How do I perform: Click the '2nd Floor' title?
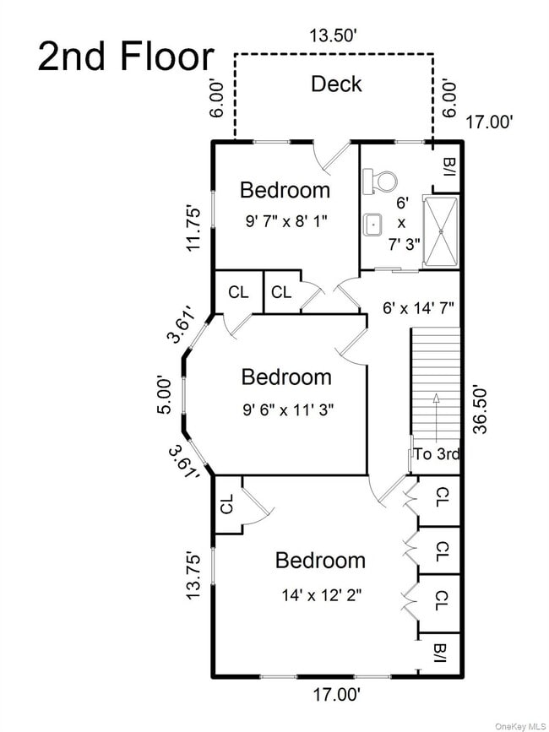(126, 57)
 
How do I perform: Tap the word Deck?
(336, 84)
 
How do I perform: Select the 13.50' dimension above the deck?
(334, 36)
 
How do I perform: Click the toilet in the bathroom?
(378, 182)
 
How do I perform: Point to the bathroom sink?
(373, 225)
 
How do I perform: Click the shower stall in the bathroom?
(440, 232)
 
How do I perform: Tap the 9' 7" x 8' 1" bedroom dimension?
(285, 221)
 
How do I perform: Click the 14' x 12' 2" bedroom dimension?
(322, 595)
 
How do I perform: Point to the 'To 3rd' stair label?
(437, 453)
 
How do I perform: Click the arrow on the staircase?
(436, 417)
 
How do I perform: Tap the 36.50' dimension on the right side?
(480, 409)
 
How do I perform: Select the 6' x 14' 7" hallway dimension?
(418, 307)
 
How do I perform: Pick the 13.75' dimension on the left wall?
(193, 577)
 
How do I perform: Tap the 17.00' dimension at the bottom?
(337, 696)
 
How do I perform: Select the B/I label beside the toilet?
(450, 168)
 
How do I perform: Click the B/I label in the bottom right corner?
(441, 653)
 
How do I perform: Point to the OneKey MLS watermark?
(520, 726)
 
